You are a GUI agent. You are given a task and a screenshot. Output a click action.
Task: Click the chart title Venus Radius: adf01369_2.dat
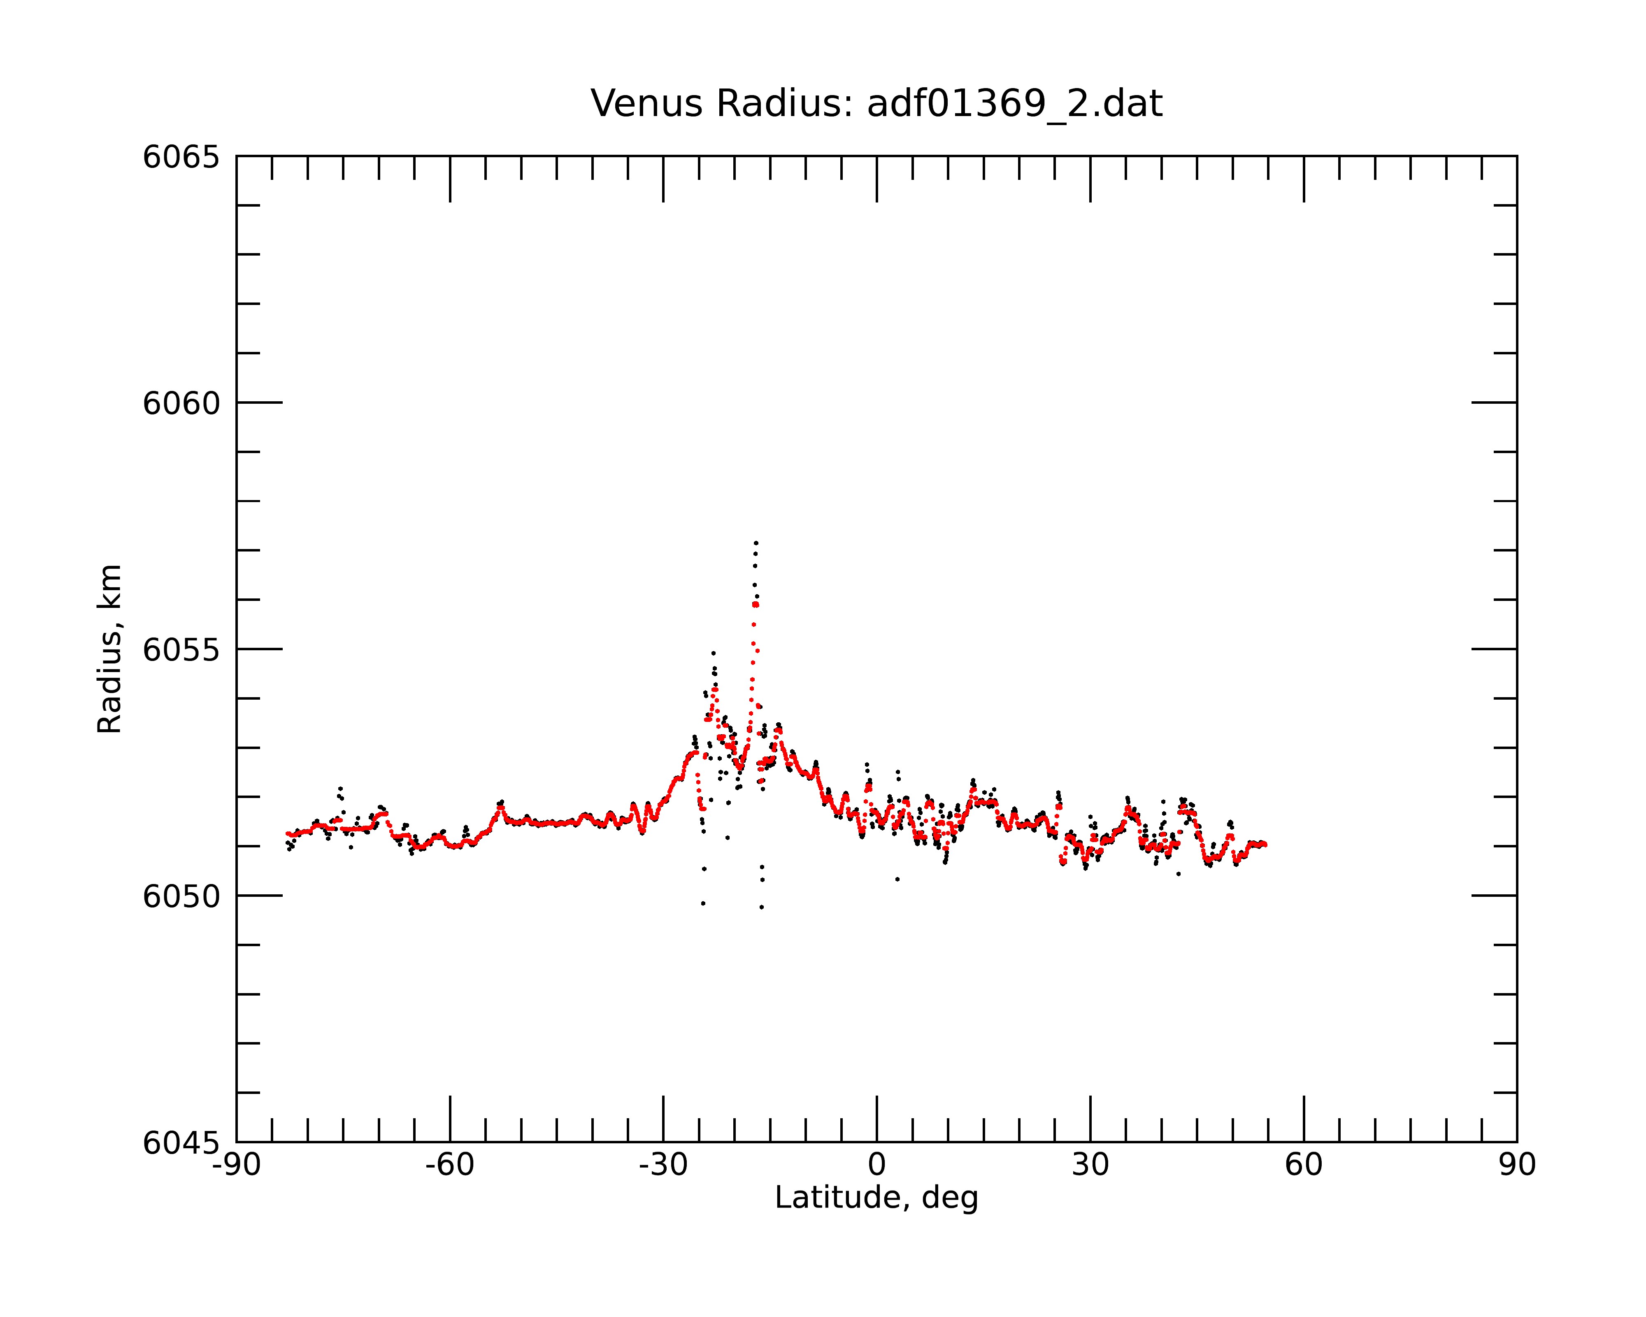[876, 104]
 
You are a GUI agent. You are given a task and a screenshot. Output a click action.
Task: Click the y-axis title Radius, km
[109, 649]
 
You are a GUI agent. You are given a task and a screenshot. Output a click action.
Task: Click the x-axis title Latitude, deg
[876, 1197]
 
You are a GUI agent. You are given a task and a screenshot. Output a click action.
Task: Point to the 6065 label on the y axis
[181, 157]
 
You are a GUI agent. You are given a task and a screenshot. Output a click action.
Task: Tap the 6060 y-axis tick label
[181, 403]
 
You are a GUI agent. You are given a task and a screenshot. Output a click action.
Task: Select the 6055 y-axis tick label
[181, 650]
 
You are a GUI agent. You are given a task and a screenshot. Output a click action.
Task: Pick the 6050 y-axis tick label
[181, 896]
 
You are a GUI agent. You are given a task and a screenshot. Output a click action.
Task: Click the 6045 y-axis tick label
[181, 1143]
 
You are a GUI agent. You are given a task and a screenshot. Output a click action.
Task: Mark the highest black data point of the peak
[756, 542]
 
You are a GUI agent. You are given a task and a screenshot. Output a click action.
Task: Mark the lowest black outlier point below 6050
[761, 907]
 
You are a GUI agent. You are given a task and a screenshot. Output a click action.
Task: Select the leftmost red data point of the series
[287, 834]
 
